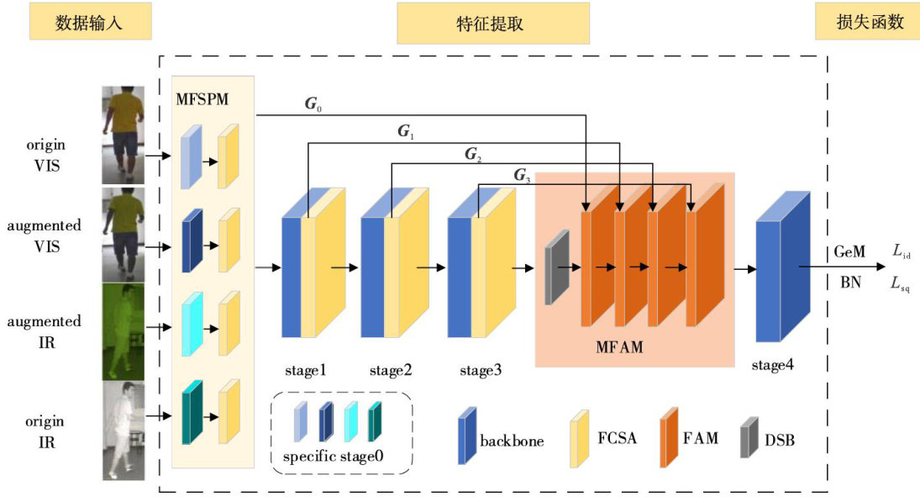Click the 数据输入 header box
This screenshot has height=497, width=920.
(90, 23)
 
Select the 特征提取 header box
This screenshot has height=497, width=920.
(493, 23)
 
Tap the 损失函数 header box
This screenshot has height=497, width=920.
(866, 23)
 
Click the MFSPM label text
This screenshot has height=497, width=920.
(202, 98)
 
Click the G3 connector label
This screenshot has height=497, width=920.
(522, 176)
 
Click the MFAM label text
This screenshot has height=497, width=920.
(620, 346)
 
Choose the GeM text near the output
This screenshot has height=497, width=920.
(849, 251)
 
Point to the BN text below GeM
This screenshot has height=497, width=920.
(850, 283)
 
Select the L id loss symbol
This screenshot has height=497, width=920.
(900, 251)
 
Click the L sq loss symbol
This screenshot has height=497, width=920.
(901, 284)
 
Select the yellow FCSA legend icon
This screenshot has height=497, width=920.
(579, 438)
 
